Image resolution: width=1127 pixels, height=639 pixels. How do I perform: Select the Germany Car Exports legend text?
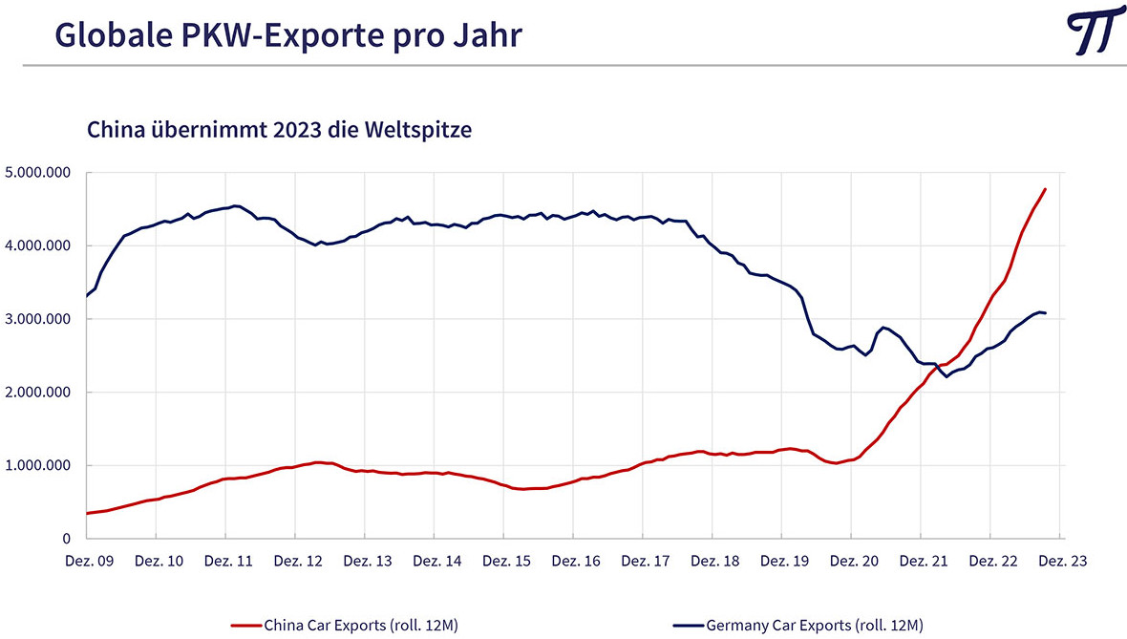pyautogui.click(x=815, y=626)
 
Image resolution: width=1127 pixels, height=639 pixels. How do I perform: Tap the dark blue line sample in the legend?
pyautogui.click(x=689, y=626)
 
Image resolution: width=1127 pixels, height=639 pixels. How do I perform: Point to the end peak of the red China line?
pyautogui.click(x=1045, y=189)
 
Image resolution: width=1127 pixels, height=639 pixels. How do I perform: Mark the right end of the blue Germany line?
pyautogui.click(x=1045, y=313)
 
